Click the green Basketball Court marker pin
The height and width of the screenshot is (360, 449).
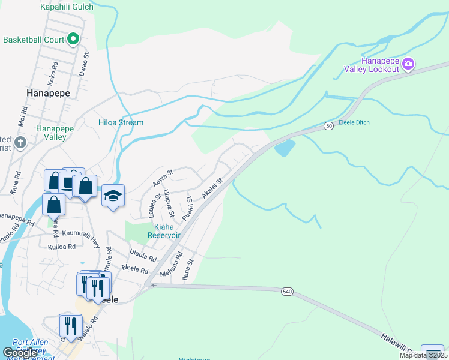click(73, 40)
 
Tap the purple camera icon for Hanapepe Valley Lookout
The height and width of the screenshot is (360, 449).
click(408, 63)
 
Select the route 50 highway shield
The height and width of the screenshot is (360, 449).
click(328, 125)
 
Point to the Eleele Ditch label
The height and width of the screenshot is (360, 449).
click(354, 122)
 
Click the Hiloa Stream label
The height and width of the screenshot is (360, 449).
click(121, 122)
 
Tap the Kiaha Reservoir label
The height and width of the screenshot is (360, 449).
click(159, 231)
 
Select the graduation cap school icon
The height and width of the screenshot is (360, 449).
click(113, 196)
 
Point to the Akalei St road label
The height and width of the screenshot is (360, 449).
click(212, 188)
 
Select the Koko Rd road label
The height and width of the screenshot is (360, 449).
click(53, 71)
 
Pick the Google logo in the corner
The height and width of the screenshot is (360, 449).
click(20, 353)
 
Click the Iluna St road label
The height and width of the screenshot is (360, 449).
click(190, 266)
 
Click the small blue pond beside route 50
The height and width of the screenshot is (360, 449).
click(285, 147)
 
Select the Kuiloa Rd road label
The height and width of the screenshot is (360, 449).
click(62, 246)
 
